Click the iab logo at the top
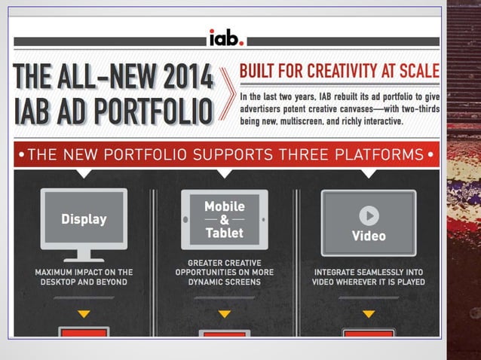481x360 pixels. click(x=226, y=38)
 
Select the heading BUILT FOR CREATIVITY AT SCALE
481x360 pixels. click(x=339, y=72)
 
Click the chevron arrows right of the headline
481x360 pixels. click(x=225, y=94)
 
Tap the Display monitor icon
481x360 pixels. click(x=84, y=219)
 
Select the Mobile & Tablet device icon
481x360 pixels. click(x=225, y=219)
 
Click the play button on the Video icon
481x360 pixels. click(x=368, y=216)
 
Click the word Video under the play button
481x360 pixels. click(x=368, y=236)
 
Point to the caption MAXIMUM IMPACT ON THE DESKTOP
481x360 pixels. click(x=84, y=277)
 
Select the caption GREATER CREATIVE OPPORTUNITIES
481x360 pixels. click(x=225, y=277)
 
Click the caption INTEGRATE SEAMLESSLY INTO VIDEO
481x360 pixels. click(x=368, y=277)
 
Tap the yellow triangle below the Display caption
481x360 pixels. click(x=84, y=313)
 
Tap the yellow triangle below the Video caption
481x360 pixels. click(x=368, y=313)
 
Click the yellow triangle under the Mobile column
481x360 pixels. click(x=225, y=313)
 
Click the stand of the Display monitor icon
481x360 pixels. click(x=84, y=254)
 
